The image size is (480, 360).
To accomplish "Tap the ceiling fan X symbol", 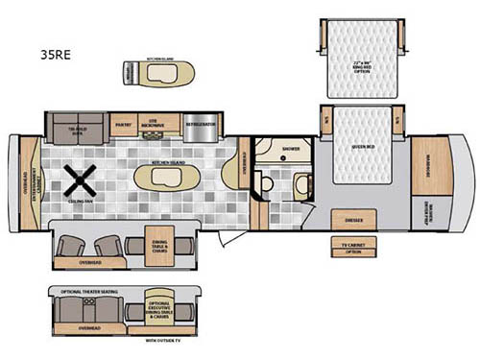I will coord(78,179).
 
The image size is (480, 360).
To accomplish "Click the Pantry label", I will coord(122,125).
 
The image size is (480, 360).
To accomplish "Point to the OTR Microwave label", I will coord(155,125).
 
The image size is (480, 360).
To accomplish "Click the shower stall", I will coord(288,150).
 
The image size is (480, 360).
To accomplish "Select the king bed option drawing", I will coord(360,60).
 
